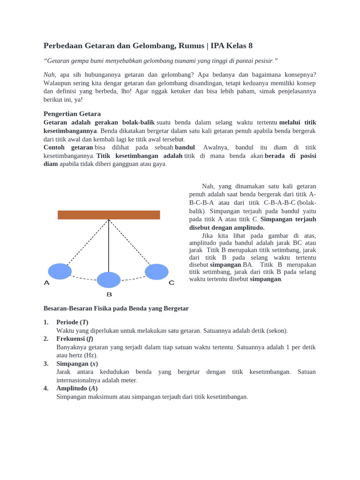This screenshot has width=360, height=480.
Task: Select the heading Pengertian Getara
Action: [x=72, y=114]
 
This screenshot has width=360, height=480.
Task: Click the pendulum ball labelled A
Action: [x=60, y=271]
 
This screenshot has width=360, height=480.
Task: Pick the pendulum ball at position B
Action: [x=109, y=280]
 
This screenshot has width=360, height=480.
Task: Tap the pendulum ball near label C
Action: [x=157, y=272]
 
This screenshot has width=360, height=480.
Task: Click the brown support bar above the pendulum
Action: [x=109, y=215]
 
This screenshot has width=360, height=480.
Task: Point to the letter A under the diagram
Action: [x=46, y=283]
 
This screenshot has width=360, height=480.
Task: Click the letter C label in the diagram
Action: [x=171, y=283]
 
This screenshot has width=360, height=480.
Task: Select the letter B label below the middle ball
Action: [x=109, y=294]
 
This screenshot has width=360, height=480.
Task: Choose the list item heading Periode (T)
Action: [x=72, y=322]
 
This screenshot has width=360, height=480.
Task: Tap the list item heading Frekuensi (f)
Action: [x=75, y=339]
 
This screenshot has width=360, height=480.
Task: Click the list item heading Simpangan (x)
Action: [x=77, y=364]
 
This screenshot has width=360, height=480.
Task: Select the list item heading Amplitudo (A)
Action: [x=77, y=388]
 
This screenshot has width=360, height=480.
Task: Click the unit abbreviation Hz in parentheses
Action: [x=90, y=355]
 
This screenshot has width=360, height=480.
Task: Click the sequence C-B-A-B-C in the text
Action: [x=280, y=202]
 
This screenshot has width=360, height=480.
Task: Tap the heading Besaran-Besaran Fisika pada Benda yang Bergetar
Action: [x=116, y=308]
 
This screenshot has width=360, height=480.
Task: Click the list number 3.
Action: [x=46, y=364]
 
